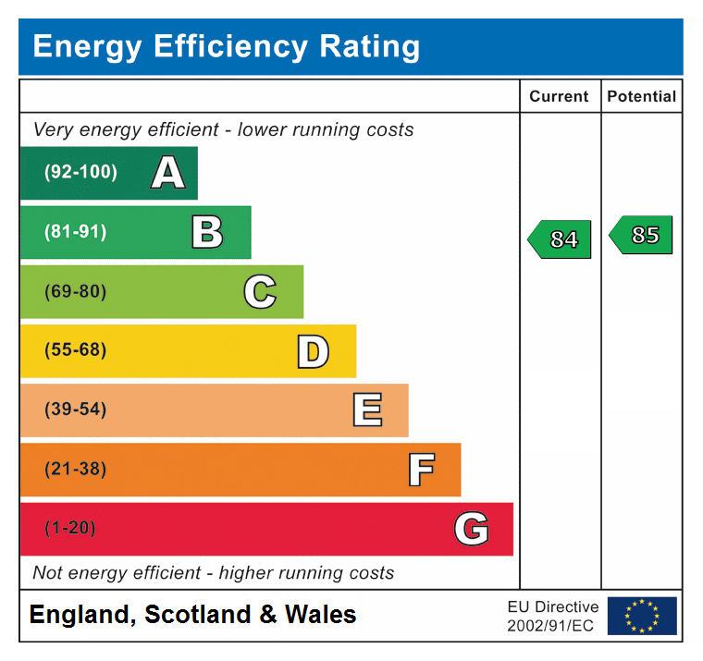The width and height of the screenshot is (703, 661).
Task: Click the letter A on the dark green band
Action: [167, 173]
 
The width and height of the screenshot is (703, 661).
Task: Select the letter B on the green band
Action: [207, 232]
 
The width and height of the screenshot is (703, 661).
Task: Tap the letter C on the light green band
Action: [260, 292]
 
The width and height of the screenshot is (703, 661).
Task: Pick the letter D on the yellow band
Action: [313, 351]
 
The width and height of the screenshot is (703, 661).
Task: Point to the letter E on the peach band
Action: [367, 410]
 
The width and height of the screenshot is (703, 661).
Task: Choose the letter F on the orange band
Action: [421, 470]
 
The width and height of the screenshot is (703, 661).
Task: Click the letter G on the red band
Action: [471, 529]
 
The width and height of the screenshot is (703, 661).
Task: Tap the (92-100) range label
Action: [80, 173]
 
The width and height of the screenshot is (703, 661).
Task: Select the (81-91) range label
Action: [75, 232]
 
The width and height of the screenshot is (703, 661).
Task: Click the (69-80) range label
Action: [75, 292]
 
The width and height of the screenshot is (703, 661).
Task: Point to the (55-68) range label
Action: [75, 351]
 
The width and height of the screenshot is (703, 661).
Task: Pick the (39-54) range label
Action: [75, 410]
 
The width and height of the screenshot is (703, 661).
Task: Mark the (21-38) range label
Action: [75, 470]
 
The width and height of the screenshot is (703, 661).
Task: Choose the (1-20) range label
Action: [69, 529]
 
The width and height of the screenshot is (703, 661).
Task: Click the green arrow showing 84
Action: [561, 239]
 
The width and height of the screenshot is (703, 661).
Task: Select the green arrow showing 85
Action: [642, 235]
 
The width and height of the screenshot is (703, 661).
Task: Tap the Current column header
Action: [559, 96]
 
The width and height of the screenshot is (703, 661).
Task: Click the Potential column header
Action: [641, 96]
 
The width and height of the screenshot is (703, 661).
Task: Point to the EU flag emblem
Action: [642, 616]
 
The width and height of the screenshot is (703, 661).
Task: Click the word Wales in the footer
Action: [320, 615]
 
